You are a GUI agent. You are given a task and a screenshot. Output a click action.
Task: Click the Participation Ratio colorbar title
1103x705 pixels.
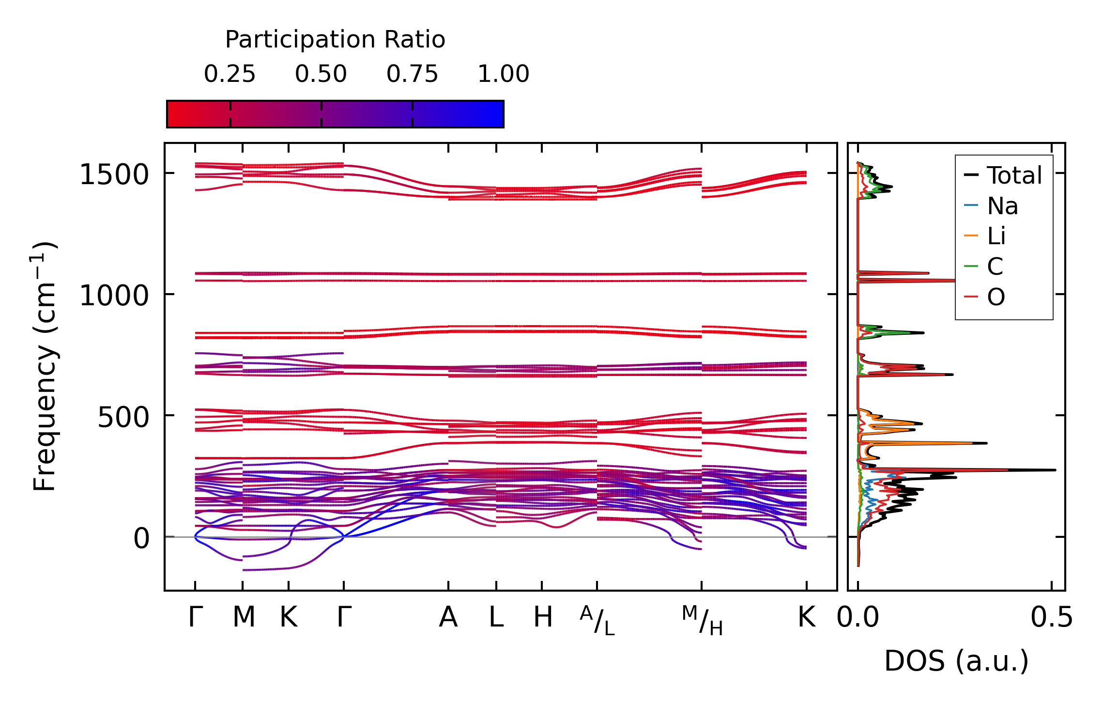tap(335, 39)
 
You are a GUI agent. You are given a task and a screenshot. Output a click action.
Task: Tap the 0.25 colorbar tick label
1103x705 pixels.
tap(230, 74)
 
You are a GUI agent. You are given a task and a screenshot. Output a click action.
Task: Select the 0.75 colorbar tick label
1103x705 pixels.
tap(412, 74)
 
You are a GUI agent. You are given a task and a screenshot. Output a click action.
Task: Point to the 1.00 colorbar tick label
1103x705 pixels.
tap(503, 74)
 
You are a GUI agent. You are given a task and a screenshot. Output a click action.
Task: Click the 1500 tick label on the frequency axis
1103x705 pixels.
tap(114, 174)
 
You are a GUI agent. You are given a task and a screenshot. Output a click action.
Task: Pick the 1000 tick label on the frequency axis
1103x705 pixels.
tap(114, 296)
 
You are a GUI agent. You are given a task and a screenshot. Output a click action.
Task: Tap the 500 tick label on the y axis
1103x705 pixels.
tap(123, 417)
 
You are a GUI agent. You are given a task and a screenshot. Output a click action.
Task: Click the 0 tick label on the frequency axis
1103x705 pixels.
tap(141, 538)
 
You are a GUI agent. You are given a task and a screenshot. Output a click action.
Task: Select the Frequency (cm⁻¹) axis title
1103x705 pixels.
tap(45, 366)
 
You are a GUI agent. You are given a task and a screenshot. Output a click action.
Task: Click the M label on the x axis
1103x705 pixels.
tap(244, 617)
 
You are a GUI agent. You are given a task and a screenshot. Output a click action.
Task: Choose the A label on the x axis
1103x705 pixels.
tap(448, 617)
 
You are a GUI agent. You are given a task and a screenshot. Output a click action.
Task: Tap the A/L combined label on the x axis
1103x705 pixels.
tap(597, 620)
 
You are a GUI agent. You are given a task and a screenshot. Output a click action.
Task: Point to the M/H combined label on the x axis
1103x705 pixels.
tap(702, 620)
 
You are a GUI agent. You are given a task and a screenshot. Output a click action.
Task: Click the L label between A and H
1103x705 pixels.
tap(496, 617)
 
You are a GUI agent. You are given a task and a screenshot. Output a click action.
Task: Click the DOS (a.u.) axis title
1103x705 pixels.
tap(956, 661)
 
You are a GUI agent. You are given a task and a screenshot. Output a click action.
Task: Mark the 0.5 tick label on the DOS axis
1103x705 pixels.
tap(1051, 618)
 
